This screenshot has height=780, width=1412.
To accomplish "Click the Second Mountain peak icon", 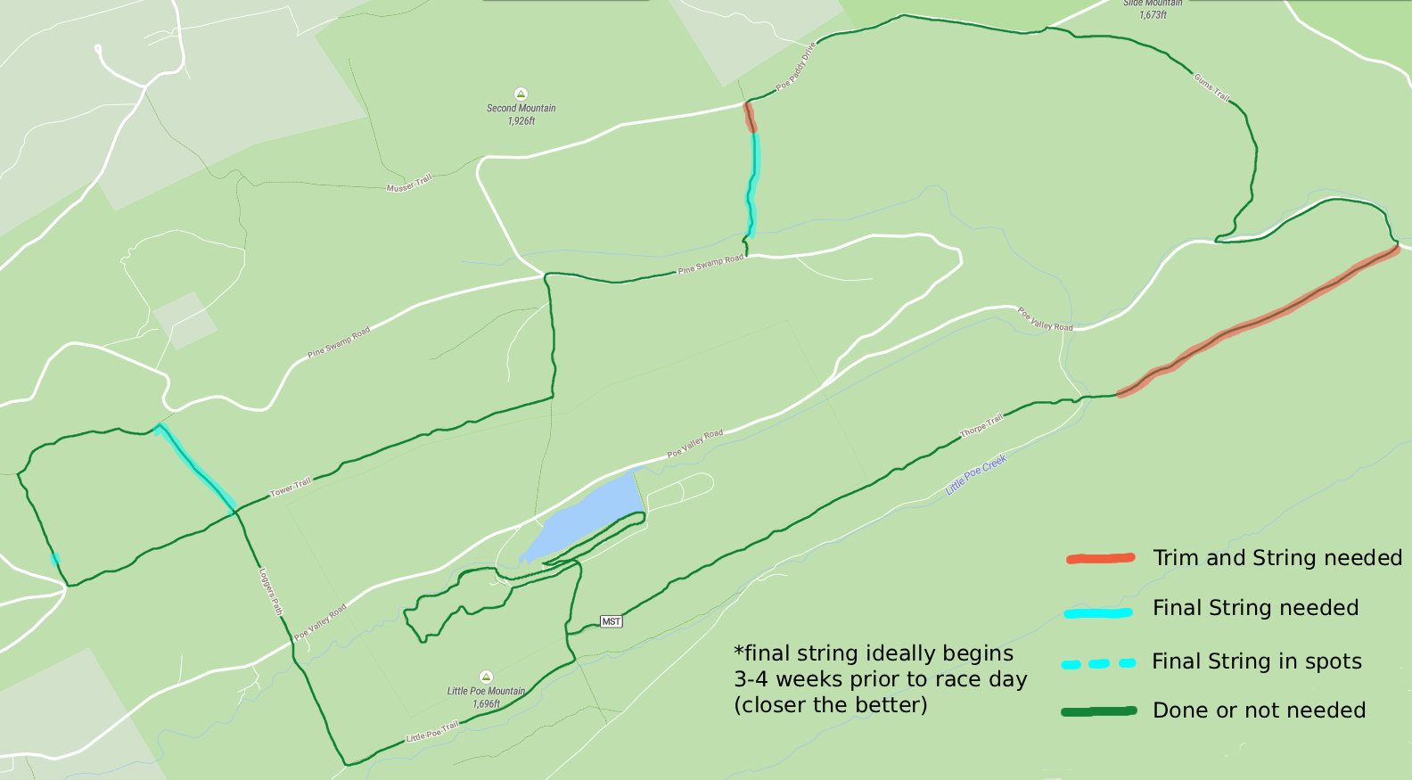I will click(521, 94).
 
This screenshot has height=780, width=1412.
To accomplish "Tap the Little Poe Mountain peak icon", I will click(486, 677).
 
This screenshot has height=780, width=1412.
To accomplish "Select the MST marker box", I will click(611, 621).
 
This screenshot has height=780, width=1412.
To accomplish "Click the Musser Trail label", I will click(409, 184).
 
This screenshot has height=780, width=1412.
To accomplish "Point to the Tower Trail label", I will click(291, 487).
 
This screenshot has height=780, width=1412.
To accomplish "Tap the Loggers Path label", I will click(270, 592).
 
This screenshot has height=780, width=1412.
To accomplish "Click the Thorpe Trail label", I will click(981, 425).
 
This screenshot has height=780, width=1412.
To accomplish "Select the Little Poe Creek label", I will click(976, 474).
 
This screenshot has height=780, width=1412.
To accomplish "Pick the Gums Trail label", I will click(1212, 87).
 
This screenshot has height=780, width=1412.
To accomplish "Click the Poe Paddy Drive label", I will click(796, 66).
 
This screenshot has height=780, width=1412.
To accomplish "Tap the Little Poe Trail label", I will click(432, 732).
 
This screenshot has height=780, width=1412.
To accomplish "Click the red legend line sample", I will click(1100, 559).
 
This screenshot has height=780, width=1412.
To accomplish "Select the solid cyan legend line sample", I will click(1098, 612).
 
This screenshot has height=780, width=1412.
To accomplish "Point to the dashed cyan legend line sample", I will click(1098, 663).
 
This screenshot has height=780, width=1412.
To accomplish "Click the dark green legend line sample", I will click(1098, 711).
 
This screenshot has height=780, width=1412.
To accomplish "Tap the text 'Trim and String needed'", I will click(1277, 558).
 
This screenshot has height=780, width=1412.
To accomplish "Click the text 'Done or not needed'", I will click(1259, 710).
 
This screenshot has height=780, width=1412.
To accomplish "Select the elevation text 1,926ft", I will click(521, 121).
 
